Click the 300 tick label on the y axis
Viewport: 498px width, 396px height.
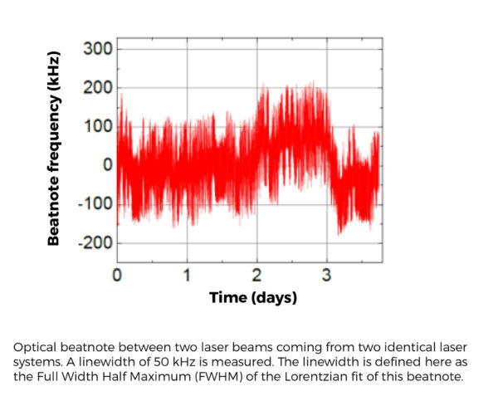pyautogui.click(x=97, y=49)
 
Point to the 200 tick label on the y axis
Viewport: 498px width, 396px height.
pyautogui.click(x=97, y=88)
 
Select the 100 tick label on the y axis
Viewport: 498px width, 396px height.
pyautogui.click(x=97, y=126)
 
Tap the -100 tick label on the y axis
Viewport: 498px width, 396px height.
pyautogui.click(x=95, y=204)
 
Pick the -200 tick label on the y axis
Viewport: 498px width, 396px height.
pyautogui.click(x=95, y=242)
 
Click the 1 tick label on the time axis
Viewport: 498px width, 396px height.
pyautogui.click(x=187, y=275)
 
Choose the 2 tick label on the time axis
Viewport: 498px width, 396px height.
pyautogui.click(x=257, y=275)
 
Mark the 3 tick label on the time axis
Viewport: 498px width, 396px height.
pyautogui.click(x=327, y=275)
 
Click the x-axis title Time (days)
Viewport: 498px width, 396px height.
pyautogui.click(x=252, y=297)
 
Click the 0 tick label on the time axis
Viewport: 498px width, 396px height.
pyautogui.click(x=118, y=275)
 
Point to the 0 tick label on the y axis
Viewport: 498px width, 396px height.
pyautogui.click(x=108, y=165)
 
